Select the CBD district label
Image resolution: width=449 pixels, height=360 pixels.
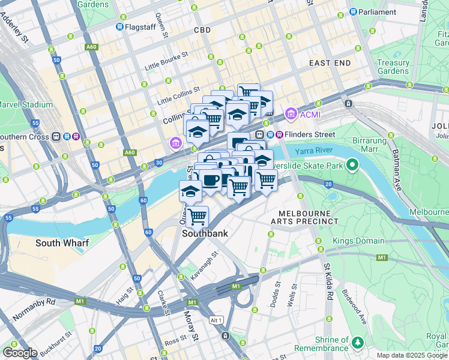point(202,29)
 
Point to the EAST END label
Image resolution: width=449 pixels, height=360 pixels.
point(330,62)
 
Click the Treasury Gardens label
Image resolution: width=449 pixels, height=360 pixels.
point(393,67)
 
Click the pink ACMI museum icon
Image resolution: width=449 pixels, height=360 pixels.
point(291,113)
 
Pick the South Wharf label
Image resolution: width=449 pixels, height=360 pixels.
point(62,243)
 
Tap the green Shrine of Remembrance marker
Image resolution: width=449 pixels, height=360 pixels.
point(358,343)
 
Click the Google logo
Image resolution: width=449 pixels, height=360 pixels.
point(20,353)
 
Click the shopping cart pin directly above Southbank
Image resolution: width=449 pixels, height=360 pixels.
point(197,216)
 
